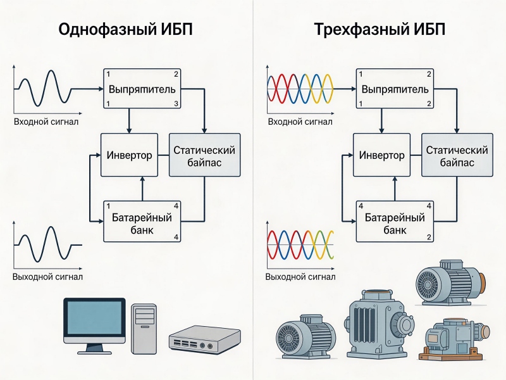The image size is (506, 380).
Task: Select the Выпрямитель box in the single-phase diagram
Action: click(x=142, y=88)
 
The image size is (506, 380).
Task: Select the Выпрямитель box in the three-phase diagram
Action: click(x=395, y=88)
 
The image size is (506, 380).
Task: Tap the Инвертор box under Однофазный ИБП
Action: click(x=129, y=155)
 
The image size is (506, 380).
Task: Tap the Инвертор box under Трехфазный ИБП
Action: click(x=382, y=155)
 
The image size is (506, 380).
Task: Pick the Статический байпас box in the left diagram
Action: click(x=204, y=155)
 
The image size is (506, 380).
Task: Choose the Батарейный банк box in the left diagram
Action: click(x=142, y=220)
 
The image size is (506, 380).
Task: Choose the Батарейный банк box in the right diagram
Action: click(x=395, y=222)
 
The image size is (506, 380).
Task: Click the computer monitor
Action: click(x=93, y=323)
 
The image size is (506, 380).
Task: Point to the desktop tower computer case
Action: click(x=144, y=327)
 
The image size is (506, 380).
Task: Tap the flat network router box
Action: click(x=204, y=339)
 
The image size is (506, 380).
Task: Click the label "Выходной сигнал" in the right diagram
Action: click(x=300, y=277)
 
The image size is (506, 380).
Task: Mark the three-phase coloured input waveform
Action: click(x=301, y=88)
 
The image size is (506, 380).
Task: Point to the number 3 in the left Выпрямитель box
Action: click(x=176, y=103)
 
